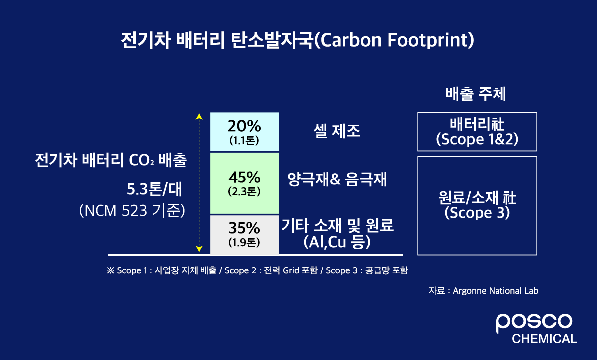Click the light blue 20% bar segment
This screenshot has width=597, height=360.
coord(244,131)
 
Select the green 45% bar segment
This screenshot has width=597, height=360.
coord(244,183)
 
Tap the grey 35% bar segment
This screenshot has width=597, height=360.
coord(244,234)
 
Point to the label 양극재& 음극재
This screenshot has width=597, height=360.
coord(337,180)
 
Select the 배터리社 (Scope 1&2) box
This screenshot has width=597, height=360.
coord(477,132)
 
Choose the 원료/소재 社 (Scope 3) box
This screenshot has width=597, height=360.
coord(477,205)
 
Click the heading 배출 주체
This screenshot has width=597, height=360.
coord(475,94)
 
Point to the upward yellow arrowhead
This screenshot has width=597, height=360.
coord(199,117)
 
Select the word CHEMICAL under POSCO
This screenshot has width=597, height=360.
coord(544,339)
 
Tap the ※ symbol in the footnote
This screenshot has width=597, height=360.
coord(110,271)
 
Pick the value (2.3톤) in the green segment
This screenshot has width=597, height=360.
coord(244,191)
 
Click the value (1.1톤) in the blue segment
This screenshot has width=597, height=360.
coord(244,140)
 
